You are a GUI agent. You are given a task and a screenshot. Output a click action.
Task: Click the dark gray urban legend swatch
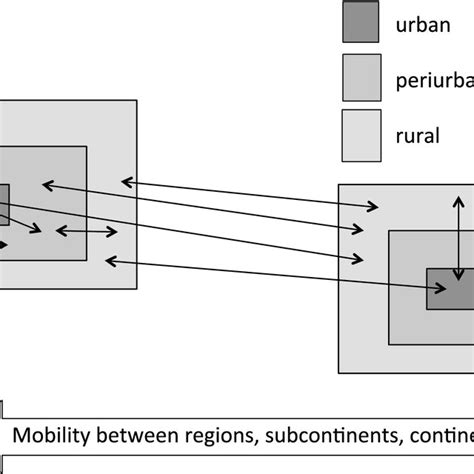click(360, 22)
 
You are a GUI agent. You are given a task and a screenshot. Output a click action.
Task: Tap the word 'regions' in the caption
click(214, 435)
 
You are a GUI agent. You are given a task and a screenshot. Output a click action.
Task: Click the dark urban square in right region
click(450, 288)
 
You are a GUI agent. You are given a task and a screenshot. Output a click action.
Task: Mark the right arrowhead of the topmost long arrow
click(376, 207)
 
